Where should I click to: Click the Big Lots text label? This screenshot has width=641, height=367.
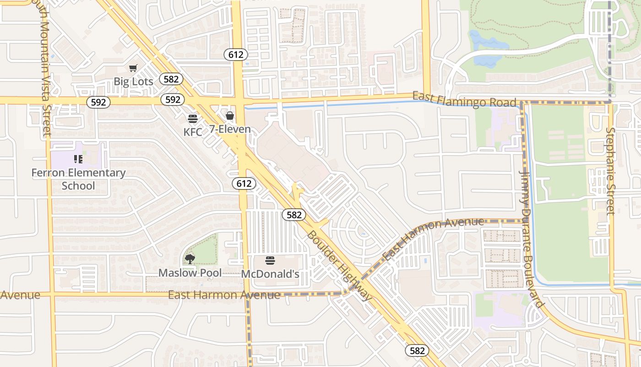click(133, 82)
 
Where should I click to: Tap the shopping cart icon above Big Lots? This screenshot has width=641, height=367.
click(133, 68)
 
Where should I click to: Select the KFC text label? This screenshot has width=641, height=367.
click(193, 132)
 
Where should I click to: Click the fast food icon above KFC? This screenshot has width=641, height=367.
click(193, 119)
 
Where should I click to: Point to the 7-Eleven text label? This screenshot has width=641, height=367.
click(230, 129)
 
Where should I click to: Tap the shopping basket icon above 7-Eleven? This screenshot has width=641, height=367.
click(230, 116)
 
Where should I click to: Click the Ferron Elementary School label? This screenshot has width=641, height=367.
click(78, 179)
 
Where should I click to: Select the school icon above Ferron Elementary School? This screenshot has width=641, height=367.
click(78, 159)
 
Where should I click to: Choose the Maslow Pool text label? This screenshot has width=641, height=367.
click(190, 273)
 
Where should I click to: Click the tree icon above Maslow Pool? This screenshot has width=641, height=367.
click(190, 259)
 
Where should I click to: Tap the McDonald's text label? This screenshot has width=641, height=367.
click(270, 274)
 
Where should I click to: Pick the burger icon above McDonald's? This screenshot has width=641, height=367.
click(270, 261)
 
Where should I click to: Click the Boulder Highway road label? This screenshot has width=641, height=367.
click(339, 266)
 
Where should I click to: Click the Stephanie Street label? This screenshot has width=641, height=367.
click(610, 171)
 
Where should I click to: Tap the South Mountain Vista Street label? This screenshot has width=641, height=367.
click(41, 69)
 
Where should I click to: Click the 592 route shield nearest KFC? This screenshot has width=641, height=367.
click(173, 100)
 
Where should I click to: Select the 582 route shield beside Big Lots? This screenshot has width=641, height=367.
click(171, 79)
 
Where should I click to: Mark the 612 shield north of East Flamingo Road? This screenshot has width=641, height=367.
click(236, 55)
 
